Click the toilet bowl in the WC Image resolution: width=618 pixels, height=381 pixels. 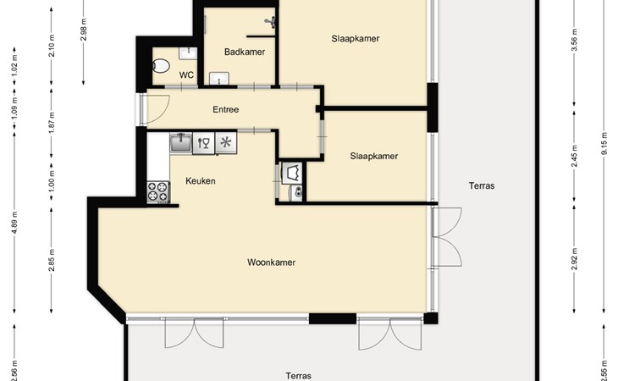pos(161,66)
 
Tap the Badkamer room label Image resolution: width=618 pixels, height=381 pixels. pos(245,52)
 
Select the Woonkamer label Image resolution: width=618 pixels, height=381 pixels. pos(271,262)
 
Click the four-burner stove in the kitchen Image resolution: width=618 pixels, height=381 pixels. pos(158,192)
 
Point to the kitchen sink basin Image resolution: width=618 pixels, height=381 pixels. pos(181,142)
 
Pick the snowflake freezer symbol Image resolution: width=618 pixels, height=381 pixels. pos(226,142)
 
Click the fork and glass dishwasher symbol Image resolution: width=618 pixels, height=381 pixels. pos(203,142)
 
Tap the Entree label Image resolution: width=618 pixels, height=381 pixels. pos(226,109)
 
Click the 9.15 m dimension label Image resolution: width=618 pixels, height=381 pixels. pos(604,144)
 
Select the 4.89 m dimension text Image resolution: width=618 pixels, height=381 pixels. pos(14,223)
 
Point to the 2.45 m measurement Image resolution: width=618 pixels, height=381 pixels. pos(574,156)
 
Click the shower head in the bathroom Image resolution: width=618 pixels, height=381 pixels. pos(270,22)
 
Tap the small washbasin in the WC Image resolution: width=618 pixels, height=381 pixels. pos(188,53)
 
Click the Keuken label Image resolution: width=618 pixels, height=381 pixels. pos(201,181)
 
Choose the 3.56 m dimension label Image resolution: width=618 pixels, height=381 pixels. pos(574,40)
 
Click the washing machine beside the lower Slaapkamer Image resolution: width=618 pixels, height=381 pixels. pos(292,173)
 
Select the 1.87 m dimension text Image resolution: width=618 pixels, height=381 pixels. pos(52,123)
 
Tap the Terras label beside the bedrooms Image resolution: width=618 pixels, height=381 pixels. pos(482,185)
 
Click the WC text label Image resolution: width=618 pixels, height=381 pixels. pos(186,75)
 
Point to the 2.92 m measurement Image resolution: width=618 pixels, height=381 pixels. pos(574,259)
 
